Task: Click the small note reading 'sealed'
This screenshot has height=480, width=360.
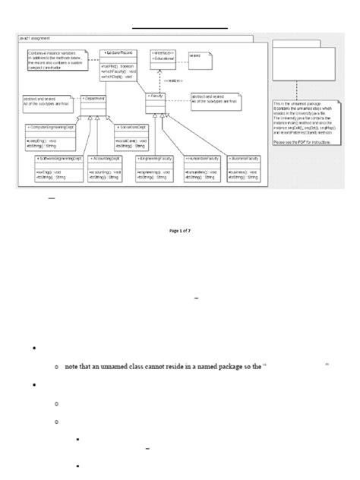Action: coord(199,55)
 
